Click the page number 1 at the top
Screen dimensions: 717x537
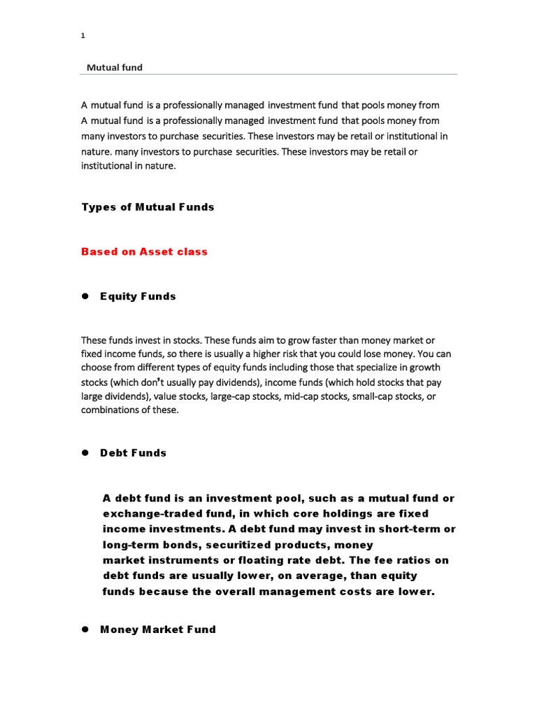tap(83, 36)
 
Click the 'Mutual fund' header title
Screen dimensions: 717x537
tap(114, 68)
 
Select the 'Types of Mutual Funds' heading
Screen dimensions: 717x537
tap(148, 207)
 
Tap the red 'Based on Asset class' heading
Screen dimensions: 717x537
tap(144, 252)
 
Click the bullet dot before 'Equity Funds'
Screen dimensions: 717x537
tap(85, 296)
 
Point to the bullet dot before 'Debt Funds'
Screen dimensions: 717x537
tap(85, 453)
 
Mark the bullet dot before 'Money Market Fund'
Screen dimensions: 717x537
tap(85, 629)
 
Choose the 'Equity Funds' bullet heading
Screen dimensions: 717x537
tap(138, 296)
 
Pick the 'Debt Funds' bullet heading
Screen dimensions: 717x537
tap(133, 453)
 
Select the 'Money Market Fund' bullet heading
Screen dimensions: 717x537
tap(158, 629)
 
